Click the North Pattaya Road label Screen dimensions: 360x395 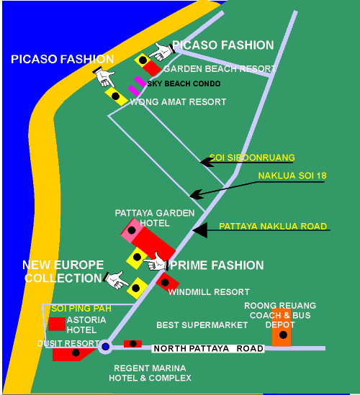click(x=209, y=348)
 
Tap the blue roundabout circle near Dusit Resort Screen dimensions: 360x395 click(x=105, y=347)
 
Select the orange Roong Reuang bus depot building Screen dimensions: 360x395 click(x=282, y=327)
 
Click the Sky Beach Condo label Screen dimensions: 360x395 click(x=184, y=83)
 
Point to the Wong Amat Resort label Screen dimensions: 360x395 click(x=178, y=101)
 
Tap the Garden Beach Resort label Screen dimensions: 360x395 click(x=220, y=68)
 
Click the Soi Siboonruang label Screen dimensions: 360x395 click(x=252, y=158)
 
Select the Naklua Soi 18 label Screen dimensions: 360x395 click(x=292, y=176)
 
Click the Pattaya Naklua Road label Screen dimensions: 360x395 click(x=273, y=226)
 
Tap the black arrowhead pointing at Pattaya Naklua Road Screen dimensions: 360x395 click(x=200, y=230)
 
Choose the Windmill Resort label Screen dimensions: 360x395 click(x=209, y=292)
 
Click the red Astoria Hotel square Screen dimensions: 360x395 click(x=57, y=324)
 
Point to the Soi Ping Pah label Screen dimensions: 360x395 click(x=81, y=309)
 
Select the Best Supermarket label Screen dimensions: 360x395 click(x=202, y=325)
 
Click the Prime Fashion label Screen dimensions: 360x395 click(x=217, y=265)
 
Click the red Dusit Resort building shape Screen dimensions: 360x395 click(x=73, y=354)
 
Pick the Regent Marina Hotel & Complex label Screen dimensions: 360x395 click(x=150, y=373)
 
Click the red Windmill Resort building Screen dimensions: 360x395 click(x=167, y=282)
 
